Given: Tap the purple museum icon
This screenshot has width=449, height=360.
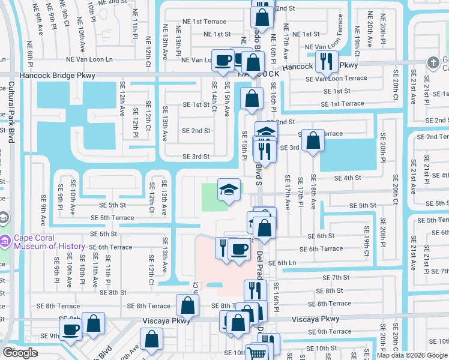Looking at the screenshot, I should (x=5, y=241).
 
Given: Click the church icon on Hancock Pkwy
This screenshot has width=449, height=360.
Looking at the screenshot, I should (x=432, y=62).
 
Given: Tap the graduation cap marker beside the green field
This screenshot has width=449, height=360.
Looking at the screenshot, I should (x=228, y=191).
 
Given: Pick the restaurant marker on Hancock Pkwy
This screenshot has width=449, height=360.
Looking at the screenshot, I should (x=327, y=61).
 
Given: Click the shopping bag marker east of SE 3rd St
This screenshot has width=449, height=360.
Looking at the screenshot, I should (x=313, y=141).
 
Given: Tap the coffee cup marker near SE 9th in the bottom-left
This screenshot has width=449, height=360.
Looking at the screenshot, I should (x=71, y=331).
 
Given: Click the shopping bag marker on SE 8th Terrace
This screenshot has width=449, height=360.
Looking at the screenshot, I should (x=188, y=305).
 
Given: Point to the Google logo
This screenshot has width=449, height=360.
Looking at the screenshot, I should (x=20, y=352).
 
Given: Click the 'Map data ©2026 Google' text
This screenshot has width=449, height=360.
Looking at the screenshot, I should (x=411, y=355).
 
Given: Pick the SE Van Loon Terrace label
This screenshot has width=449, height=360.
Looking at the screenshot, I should (x=336, y=78).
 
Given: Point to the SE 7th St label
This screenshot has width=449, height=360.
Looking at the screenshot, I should (x=336, y=278).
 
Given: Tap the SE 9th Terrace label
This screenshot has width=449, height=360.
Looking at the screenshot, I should (x=331, y=332).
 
